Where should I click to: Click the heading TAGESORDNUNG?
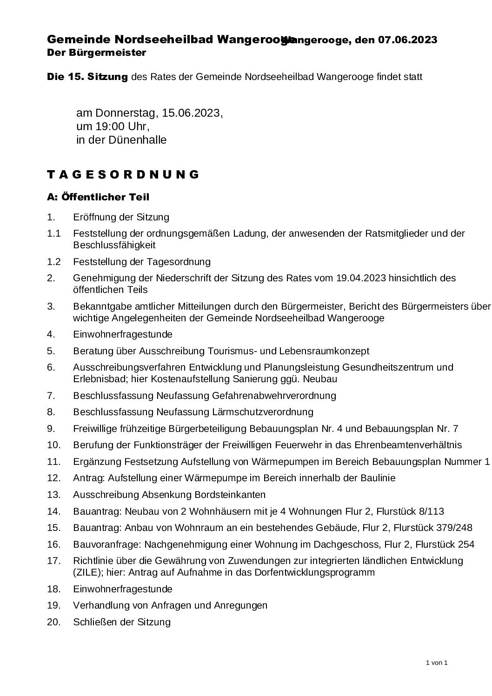pos(123,175)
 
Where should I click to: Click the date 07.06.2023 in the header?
pos(407,40)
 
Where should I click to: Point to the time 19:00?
pos(111,126)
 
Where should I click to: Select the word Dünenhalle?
pos(137,140)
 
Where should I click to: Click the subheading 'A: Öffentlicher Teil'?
pos(98,197)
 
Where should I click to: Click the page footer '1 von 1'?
pos(436,663)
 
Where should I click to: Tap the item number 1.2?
pos(54,262)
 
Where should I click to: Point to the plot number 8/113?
pos(431,511)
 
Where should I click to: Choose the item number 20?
pos(54,622)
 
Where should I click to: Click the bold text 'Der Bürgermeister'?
pos(97,53)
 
